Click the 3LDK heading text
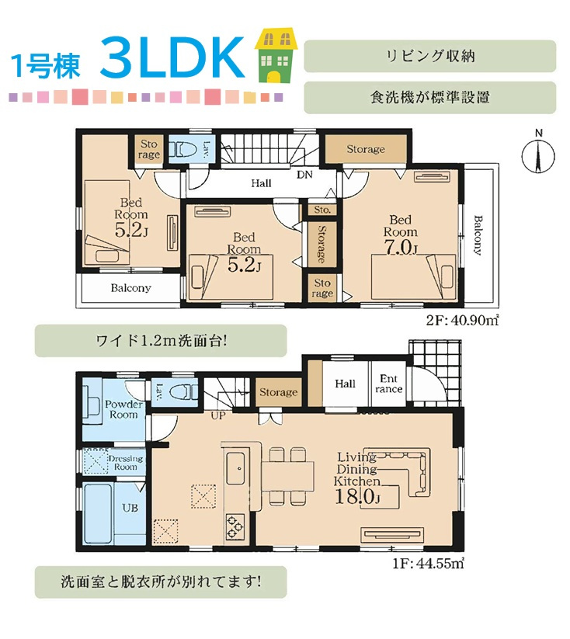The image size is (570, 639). pyautogui.click(x=172, y=58)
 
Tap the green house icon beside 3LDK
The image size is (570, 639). pyautogui.click(x=276, y=55)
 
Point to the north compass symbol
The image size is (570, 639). pyautogui.click(x=538, y=155)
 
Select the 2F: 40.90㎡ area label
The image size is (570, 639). pyautogui.click(x=462, y=321)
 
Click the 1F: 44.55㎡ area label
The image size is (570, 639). pyautogui.click(x=428, y=563)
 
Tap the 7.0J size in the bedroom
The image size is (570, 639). pyautogui.click(x=401, y=247)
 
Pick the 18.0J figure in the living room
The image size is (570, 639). pyautogui.click(x=357, y=497)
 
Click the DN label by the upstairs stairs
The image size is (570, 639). pyautogui.click(x=304, y=175)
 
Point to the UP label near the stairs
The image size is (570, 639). pyautogui.click(x=217, y=416)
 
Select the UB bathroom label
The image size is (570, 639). pyautogui.click(x=130, y=508)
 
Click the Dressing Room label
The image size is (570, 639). pyautogui.click(x=125, y=463)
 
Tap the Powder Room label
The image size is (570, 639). pyautogui.click(x=123, y=409)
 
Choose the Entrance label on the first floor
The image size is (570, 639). pyautogui.click(x=388, y=384)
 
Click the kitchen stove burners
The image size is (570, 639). pyautogui.click(x=235, y=527)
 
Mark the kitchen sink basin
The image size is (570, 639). pyautogui.click(x=235, y=469)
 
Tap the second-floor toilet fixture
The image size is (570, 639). pyautogui.click(x=183, y=150)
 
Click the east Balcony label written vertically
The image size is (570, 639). pyautogui.click(x=478, y=235)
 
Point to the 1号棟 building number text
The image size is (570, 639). pyautogui.click(x=45, y=66)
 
